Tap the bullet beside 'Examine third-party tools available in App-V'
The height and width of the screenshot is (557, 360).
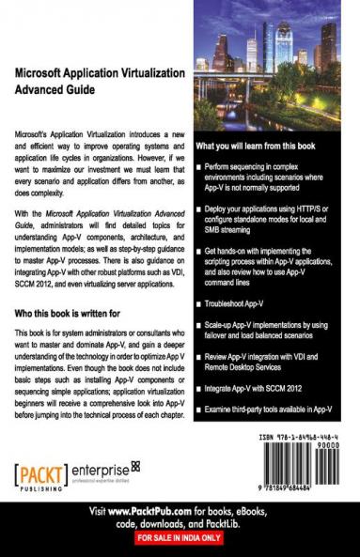tap(198, 409)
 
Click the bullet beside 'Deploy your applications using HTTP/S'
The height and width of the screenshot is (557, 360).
tap(198, 201)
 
